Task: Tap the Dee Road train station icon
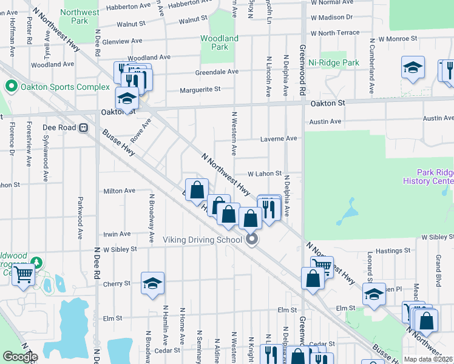tap(83, 128)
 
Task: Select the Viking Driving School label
tap(203, 240)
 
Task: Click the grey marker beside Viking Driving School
tap(252, 240)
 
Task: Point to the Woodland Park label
tap(220, 42)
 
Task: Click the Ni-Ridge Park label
tap(333, 62)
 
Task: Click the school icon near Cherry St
tap(153, 283)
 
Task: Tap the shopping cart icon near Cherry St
tap(24, 274)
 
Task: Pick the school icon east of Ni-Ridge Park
tap(413, 68)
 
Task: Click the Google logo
tap(20, 357)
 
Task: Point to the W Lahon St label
tap(264, 174)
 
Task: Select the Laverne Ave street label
tap(279, 139)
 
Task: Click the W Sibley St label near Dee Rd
tap(120, 249)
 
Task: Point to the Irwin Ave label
tap(117, 234)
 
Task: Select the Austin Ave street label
tap(325, 121)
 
